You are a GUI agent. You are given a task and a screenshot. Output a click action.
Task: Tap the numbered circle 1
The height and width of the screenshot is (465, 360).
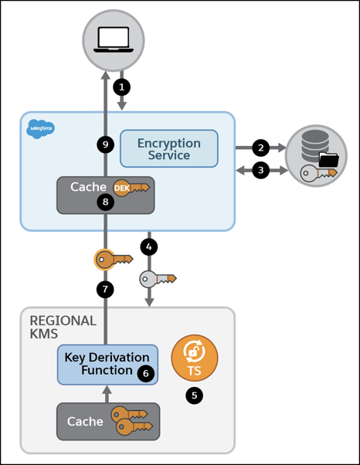click(121, 86)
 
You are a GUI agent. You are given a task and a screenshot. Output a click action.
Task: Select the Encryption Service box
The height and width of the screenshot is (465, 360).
click(168, 149)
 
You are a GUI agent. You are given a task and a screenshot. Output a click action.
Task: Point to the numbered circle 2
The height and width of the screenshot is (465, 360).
click(261, 147)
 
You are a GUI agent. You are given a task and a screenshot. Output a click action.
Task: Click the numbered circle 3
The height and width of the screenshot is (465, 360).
click(261, 169)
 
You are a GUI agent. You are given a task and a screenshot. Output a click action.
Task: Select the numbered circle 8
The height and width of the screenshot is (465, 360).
click(106, 202)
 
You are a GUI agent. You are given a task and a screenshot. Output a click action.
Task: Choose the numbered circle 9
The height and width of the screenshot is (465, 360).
click(106, 144)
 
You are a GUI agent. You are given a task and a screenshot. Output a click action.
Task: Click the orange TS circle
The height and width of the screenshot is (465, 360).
click(194, 358)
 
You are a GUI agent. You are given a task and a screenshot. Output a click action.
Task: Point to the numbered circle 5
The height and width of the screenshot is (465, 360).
click(193, 395)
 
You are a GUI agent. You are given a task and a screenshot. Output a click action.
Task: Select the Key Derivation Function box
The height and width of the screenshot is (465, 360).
click(107, 364)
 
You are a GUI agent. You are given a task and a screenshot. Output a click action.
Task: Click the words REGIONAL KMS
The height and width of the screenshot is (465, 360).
click(63, 328)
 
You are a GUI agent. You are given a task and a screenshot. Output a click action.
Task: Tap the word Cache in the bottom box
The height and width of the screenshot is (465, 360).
click(86, 422)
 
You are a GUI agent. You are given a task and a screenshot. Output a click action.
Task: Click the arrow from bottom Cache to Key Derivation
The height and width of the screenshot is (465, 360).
click(107, 393)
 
